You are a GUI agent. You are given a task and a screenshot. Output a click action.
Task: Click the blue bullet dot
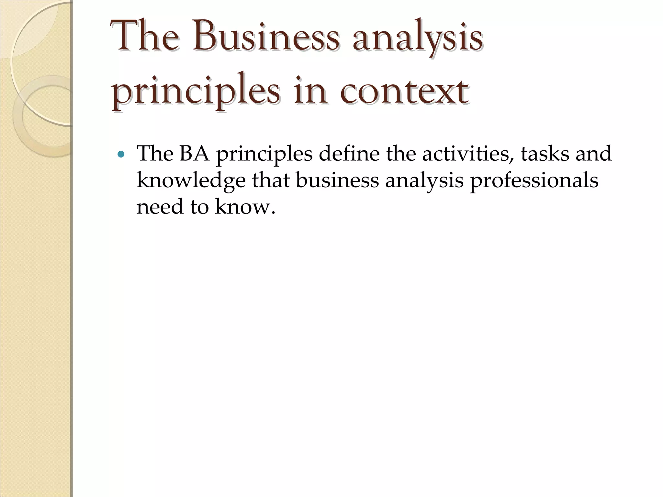[121, 155]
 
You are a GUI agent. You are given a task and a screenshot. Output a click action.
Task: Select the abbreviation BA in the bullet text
[194, 154]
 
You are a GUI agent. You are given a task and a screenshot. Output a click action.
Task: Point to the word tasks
[545, 154]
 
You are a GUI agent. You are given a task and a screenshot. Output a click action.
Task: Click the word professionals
[534, 181]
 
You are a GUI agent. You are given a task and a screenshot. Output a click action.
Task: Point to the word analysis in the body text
[424, 181]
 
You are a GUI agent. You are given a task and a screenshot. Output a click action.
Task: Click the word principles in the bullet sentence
[264, 154]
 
